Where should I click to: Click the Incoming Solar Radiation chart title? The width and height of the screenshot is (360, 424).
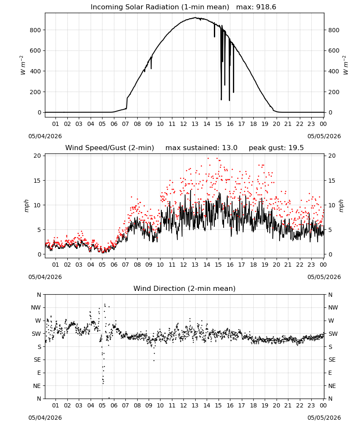(x=160, y=7)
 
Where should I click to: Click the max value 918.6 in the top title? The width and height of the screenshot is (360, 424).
(x=266, y=7)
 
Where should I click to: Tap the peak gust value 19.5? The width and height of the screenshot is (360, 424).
(x=296, y=148)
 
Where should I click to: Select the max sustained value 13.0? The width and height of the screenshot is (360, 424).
(x=230, y=148)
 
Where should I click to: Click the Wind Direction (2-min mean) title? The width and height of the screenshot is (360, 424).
(x=185, y=288)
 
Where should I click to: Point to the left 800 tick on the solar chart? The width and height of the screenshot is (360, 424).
(x=35, y=30)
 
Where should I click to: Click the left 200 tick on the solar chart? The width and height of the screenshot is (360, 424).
(x=35, y=92)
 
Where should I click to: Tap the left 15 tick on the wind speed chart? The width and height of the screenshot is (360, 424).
(x=37, y=180)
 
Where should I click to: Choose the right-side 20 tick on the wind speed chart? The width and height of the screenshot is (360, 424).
(x=332, y=156)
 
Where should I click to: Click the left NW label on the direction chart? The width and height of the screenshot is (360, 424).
(x=36, y=308)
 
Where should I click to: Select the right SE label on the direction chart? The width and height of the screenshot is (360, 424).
(x=332, y=360)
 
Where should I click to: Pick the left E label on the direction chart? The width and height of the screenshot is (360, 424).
(x=39, y=373)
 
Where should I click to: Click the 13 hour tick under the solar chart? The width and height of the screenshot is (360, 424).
(x=195, y=124)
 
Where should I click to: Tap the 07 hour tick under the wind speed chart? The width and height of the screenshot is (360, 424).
(x=125, y=265)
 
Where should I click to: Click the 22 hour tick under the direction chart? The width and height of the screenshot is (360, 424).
(x=300, y=405)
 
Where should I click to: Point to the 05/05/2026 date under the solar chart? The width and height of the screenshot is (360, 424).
(x=324, y=136)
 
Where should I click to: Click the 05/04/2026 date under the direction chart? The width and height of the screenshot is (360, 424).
(x=45, y=418)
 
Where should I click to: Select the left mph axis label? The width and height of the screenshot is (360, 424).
(x=26, y=206)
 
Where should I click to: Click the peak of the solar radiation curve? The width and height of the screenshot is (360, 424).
(x=195, y=17)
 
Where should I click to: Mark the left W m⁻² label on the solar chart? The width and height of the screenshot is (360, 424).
(x=23, y=65)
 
